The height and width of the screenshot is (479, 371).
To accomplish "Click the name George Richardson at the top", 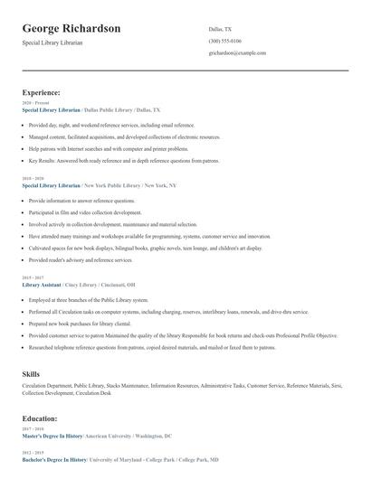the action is (71, 28).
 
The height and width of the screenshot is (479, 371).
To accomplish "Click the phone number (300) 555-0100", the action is (224, 41).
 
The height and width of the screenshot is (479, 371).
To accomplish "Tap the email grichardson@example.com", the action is (237, 53).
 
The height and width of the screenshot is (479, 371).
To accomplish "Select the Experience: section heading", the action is (42, 92).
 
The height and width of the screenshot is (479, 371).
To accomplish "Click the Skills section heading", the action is (31, 373).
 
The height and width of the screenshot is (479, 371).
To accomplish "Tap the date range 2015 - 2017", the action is (32, 277).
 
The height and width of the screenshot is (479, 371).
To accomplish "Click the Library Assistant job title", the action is (43, 284).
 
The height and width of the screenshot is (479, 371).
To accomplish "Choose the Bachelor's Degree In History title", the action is (55, 459).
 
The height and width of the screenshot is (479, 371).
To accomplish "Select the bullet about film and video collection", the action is (85, 212).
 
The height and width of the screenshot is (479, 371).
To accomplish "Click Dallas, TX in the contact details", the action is (220, 29).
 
